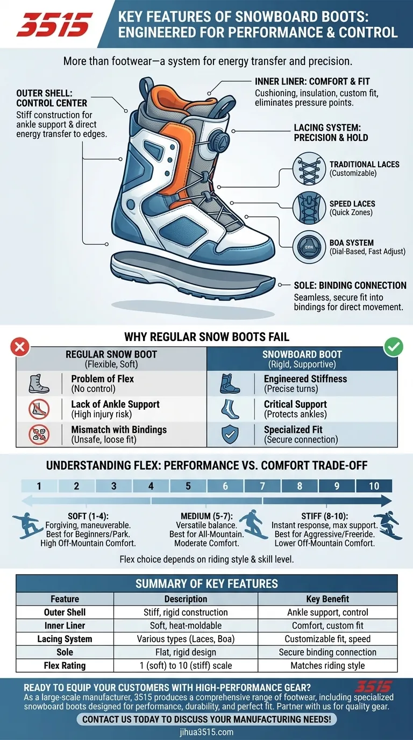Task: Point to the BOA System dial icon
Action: pyautogui.click(x=309, y=246)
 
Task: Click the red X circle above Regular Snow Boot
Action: pyautogui.click(x=20, y=347)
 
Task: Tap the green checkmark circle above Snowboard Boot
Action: pyautogui.click(x=393, y=347)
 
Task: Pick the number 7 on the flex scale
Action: pyautogui.click(x=262, y=486)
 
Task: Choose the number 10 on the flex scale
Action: pyautogui.click(x=374, y=486)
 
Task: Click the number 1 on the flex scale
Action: pyautogui.click(x=39, y=486)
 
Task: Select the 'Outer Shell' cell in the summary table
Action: pyautogui.click(x=65, y=612)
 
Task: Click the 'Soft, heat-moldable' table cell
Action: pyautogui.click(x=186, y=625)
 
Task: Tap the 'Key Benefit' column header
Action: pyautogui.click(x=327, y=599)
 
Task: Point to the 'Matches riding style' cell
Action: pyautogui.click(x=327, y=665)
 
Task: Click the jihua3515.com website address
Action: pyautogui.click(x=206, y=731)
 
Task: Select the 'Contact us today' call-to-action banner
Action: pyautogui.click(x=206, y=719)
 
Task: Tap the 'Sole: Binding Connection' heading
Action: pyautogui.click(x=350, y=285)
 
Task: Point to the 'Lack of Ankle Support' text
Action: pyautogui.click(x=115, y=404)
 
